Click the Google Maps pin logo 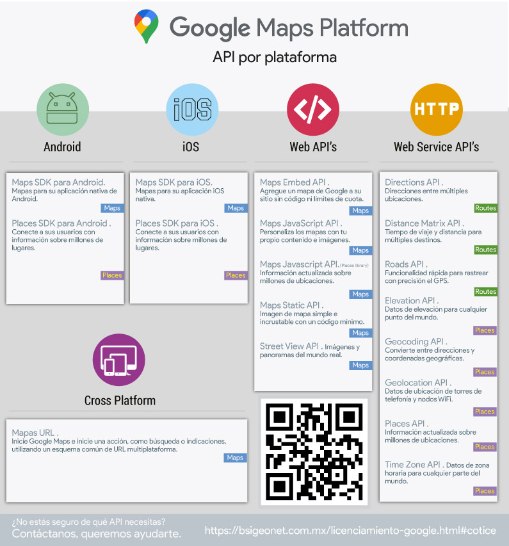(147, 26)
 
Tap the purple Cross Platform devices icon (118, 360)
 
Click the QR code (314, 451)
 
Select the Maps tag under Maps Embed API (360, 211)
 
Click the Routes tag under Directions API (485, 208)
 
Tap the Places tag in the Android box (111, 275)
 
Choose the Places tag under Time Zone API (485, 491)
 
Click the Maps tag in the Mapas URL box (235, 458)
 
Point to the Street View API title (289, 346)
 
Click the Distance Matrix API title (423, 223)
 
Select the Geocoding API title (416, 342)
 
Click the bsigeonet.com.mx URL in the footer (350, 531)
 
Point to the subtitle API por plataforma (274, 58)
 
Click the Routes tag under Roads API (485, 291)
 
